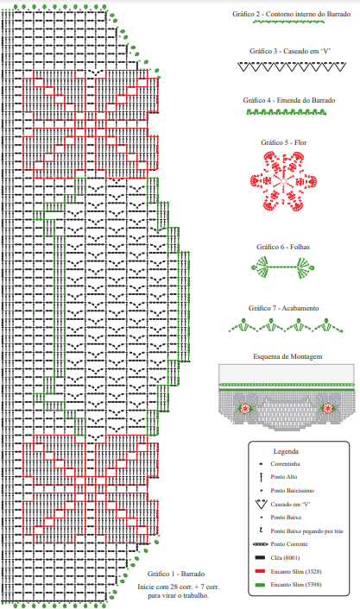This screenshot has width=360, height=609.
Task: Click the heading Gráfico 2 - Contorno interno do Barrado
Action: coord(291,14)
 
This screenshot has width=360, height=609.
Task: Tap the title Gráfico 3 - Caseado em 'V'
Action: coord(290,51)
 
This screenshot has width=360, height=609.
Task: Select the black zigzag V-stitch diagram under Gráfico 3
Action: coord(292,66)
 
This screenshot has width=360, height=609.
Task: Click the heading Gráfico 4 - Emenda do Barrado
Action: coord(289,100)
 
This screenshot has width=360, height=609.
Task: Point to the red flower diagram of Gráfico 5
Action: coord(284,181)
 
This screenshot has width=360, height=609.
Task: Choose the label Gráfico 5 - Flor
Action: coord(284,142)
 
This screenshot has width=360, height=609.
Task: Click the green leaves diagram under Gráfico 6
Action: coord(283,267)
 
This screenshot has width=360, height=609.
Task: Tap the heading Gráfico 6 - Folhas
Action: coord(283,247)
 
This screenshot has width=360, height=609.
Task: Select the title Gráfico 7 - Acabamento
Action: coord(283,308)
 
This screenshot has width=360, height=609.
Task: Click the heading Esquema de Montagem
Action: coord(287,356)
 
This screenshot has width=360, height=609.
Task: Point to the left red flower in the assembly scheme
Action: coord(245,408)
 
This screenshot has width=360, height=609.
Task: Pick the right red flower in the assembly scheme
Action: coord(328,408)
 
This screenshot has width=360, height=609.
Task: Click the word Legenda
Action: coord(286,451)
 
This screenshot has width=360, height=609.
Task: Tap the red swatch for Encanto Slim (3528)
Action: coord(260,571)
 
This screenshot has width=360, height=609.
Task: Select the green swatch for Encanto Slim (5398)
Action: coord(260,585)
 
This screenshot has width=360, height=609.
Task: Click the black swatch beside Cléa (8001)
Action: coord(260,558)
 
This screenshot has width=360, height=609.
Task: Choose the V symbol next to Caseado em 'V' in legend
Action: coord(261,505)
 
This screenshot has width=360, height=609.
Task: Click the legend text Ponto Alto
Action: coord(284,476)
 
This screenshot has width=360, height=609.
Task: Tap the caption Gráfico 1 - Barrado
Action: coord(176,574)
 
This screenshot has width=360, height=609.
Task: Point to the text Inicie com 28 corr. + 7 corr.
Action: coord(178,587)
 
